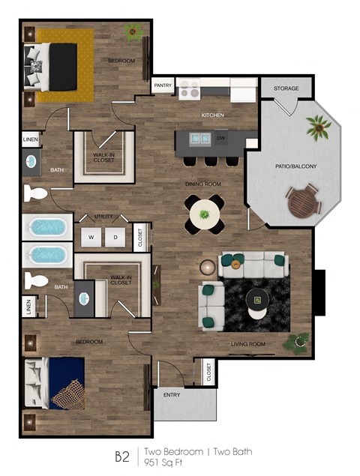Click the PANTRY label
[x=163, y=85]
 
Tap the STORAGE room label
[x=286, y=88]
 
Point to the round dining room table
[x=204, y=214]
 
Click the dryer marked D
[x=115, y=237]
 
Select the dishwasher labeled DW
[x=221, y=139]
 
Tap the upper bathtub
[x=48, y=227]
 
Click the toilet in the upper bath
[x=35, y=194]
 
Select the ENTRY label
[x=171, y=395]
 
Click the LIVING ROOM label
[x=248, y=344]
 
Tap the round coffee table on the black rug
[x=258, y=298]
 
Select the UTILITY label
[x=103, y=217]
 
